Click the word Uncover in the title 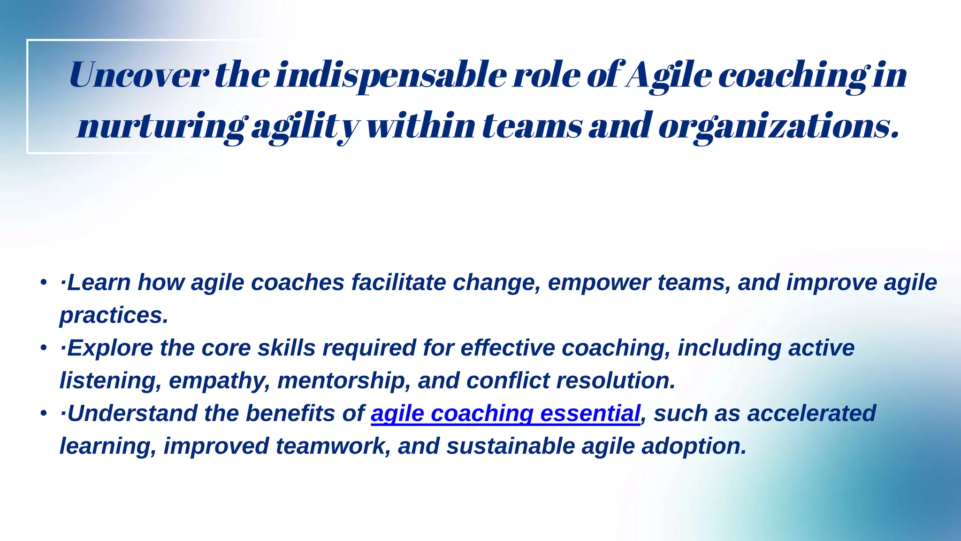click(x=139, y=75)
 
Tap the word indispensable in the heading click(x=390, y=75)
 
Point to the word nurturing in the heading click(x=161, y=126)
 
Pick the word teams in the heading click(x=532, y=126)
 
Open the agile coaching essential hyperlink click(x=505, y=414)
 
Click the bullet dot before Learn click(x=44, y=283)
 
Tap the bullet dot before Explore click(x=44, y=348)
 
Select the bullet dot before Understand click(x=44, y=413)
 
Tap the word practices click(x=113, y=315)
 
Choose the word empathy click(x=219, y=380)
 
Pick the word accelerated click(x=811, y=414)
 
